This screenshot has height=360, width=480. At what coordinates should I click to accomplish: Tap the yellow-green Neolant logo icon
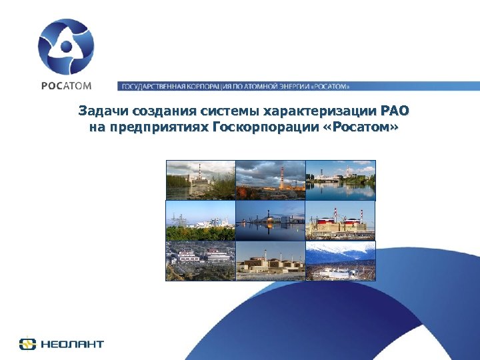coord(27,344)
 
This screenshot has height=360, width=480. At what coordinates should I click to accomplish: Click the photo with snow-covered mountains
coord(341,261)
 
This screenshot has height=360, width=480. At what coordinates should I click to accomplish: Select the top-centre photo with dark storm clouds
coord(271,180)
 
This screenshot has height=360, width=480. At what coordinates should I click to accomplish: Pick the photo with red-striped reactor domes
coord(341,220)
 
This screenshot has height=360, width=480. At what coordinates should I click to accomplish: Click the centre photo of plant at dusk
coord(271,220)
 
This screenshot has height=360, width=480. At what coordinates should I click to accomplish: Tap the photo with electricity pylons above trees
coord(201,220)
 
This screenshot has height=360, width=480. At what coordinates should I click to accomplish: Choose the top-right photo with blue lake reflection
coord(341,180)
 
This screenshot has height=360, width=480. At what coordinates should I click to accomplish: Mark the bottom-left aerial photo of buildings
coord(201,261)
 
